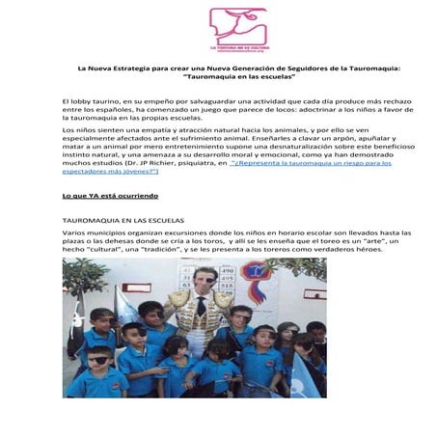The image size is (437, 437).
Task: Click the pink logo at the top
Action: point(238,28)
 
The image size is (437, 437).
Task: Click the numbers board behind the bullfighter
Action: point(229,282)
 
